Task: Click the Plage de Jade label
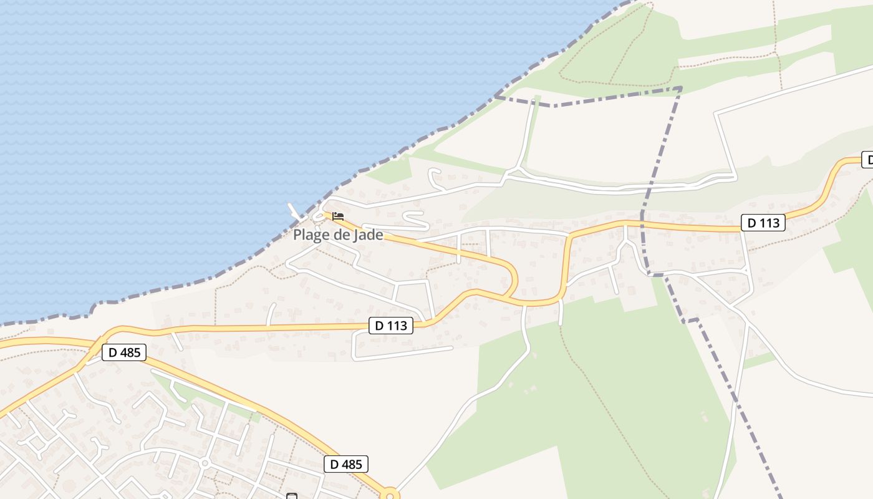tap(338, 235)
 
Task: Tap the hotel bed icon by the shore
tap(338, 216)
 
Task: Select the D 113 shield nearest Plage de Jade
tap(391, 325)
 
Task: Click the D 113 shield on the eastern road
tap(763, 222)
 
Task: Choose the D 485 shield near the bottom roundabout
tap(346, 464)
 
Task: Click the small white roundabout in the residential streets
tap(205, 463)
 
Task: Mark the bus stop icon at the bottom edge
tap(291, 496)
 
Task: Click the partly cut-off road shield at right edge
tap(867, 159)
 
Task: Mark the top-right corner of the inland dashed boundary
tap(681, 89)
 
